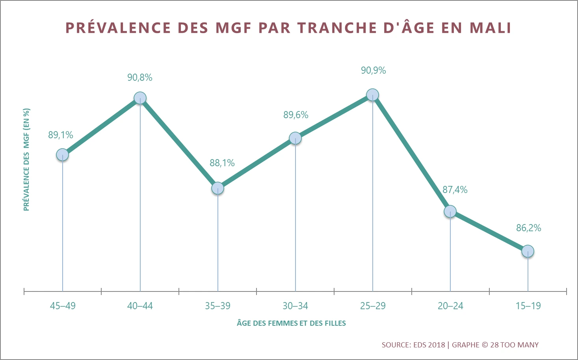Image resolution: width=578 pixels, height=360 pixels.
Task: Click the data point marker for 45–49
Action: tap(62, 155)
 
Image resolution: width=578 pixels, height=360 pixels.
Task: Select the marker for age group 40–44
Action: tap(140, 98)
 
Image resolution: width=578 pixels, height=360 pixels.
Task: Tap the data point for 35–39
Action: tap(217, 188)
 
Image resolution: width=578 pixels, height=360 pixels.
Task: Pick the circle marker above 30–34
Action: tap(295, 138)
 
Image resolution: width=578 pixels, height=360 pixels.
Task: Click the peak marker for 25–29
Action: tap(372, 95)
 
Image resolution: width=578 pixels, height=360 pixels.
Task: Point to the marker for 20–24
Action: tap(450, 212)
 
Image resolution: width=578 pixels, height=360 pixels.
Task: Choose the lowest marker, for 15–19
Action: tap(528, 251)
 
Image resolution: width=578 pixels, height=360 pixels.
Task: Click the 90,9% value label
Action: tap(373, 71)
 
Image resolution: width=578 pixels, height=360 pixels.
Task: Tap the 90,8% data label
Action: tap(139, 78)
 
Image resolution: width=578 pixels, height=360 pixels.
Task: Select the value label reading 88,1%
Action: tap(222, 163)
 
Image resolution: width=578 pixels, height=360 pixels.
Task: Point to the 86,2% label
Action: tap(528, 228)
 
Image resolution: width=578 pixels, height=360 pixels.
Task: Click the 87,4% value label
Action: tap(455, 190)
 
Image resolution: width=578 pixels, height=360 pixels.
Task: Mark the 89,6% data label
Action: tap(296, 115)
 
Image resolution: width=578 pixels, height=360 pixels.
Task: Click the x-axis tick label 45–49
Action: tap(63, 306)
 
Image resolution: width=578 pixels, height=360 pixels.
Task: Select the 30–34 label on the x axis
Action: tap(295, 306)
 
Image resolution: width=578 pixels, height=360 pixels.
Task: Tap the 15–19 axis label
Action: tap(528, 306)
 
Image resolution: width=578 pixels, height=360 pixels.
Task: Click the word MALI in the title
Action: tap(491, 28)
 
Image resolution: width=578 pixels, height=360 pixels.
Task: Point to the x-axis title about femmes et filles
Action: tap(291, 323)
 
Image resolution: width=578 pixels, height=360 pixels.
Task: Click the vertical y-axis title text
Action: tap(26, 160)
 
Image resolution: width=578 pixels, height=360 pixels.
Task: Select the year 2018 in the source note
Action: tap(436, 345)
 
